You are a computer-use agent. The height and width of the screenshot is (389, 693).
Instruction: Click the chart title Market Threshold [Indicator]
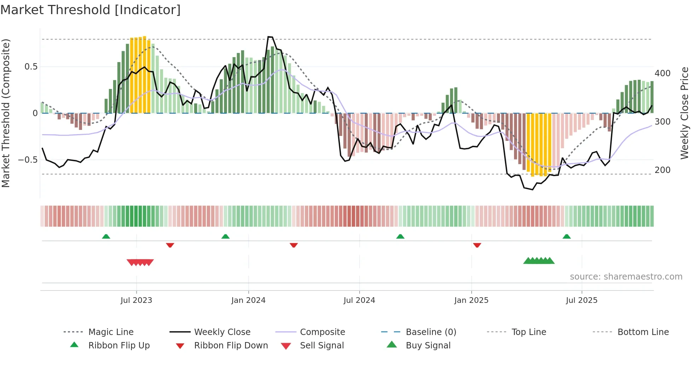coord(91,10)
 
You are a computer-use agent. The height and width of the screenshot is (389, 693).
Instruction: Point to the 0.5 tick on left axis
coord(31,67)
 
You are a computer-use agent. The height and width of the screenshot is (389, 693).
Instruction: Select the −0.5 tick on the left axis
coord(28,160)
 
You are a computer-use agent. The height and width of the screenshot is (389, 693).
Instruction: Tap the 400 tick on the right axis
coord(662,73)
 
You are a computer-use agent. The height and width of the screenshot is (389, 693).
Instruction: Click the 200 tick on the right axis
coord(662,170)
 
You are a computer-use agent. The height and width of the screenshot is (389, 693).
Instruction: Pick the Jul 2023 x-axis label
coord(136,300)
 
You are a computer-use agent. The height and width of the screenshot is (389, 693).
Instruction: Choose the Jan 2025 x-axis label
coord(471,300)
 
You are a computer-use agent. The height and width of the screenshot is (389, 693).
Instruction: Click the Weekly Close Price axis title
coord(684,113)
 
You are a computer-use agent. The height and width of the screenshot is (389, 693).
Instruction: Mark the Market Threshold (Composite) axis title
coord(6,113)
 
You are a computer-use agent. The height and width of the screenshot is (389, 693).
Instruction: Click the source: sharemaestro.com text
coord(626,277)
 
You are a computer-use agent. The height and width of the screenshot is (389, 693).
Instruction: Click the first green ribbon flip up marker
coord(106,237)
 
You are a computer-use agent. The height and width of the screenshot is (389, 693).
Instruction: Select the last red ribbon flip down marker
coord(477,245)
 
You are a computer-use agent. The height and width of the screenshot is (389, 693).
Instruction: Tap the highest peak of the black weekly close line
coord(270,37)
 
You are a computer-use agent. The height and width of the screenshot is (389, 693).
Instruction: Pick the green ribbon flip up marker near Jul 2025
coord(566,237)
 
